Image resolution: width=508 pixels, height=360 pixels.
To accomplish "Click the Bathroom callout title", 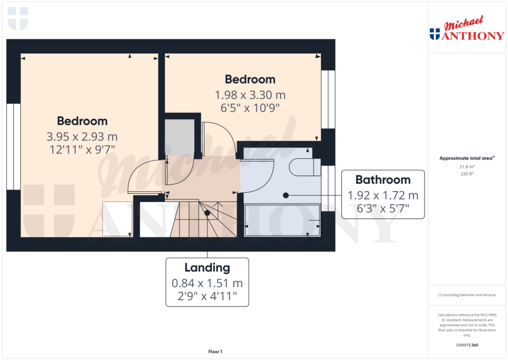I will click(x=382, y=180).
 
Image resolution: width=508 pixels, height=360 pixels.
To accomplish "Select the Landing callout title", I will click(x=207, y=268).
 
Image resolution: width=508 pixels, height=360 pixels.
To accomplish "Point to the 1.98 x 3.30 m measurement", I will click(x=250, y=95).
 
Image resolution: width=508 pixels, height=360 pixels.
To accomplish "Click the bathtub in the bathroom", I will click(x=283, y=220).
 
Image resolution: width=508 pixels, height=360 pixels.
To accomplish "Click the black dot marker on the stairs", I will click(x=207, y=213).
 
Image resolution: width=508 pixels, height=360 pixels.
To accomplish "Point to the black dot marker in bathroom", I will click(x=286, y=196).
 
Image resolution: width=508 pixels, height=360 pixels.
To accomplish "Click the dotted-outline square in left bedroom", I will click(x=118, y=218).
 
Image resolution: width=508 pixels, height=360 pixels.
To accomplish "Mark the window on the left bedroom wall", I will click(x=13, y=146).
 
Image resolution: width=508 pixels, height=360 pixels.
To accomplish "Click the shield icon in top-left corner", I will click(x=18, y=19).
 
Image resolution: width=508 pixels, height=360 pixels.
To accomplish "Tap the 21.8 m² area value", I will click(x=466, y=167).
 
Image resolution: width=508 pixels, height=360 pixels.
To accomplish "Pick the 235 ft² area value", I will click(x=466, y=174).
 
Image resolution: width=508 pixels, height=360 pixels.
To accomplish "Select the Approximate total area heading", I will click(x=466, y=158).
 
